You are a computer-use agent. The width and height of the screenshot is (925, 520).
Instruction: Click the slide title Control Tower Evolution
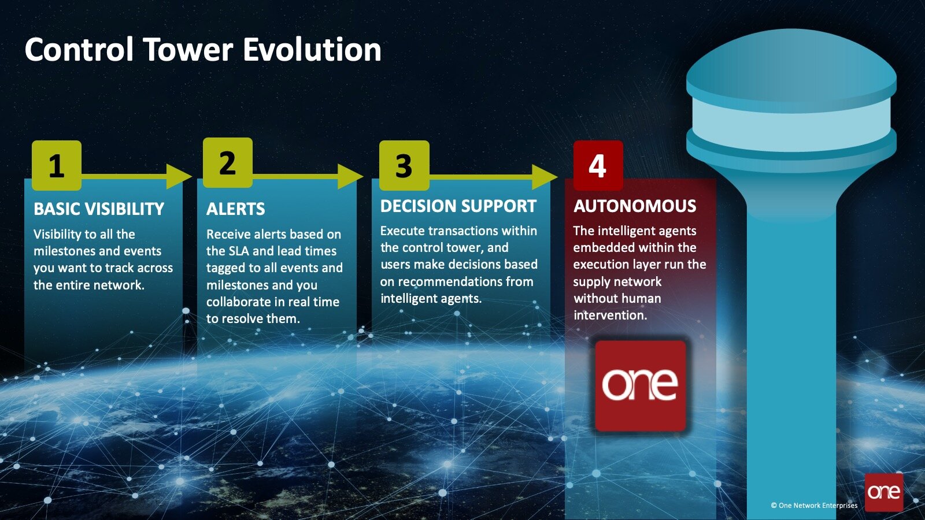(203, 50)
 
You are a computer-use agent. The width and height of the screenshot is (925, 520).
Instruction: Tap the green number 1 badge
(57, 165)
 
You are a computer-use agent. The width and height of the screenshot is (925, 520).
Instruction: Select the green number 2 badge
(228, 162)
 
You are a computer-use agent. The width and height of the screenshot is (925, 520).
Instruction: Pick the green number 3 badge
(404, 165)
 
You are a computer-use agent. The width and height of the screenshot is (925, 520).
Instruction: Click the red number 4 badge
(598, 165)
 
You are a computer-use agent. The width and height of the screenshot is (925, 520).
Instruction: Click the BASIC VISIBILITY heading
(99, 209)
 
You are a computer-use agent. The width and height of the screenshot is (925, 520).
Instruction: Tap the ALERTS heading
(235, 209)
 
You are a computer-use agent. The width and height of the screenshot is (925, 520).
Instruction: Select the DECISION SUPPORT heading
(458, 206)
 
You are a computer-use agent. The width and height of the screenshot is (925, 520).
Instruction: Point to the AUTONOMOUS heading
(635, 206)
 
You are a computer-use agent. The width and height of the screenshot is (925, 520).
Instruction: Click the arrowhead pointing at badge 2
(179, 176)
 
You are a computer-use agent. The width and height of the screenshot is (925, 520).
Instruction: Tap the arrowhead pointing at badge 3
(350, 176)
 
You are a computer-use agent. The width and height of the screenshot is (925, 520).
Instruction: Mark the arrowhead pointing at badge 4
(545, 177)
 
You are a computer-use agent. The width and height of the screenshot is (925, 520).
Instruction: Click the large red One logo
(641, 386)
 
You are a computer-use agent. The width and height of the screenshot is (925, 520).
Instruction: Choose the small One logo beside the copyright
(884, 492)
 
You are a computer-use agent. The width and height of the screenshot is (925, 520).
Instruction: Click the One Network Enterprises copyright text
(814, 505)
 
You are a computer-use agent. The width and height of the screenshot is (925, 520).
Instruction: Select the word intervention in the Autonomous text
(610, 315)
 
